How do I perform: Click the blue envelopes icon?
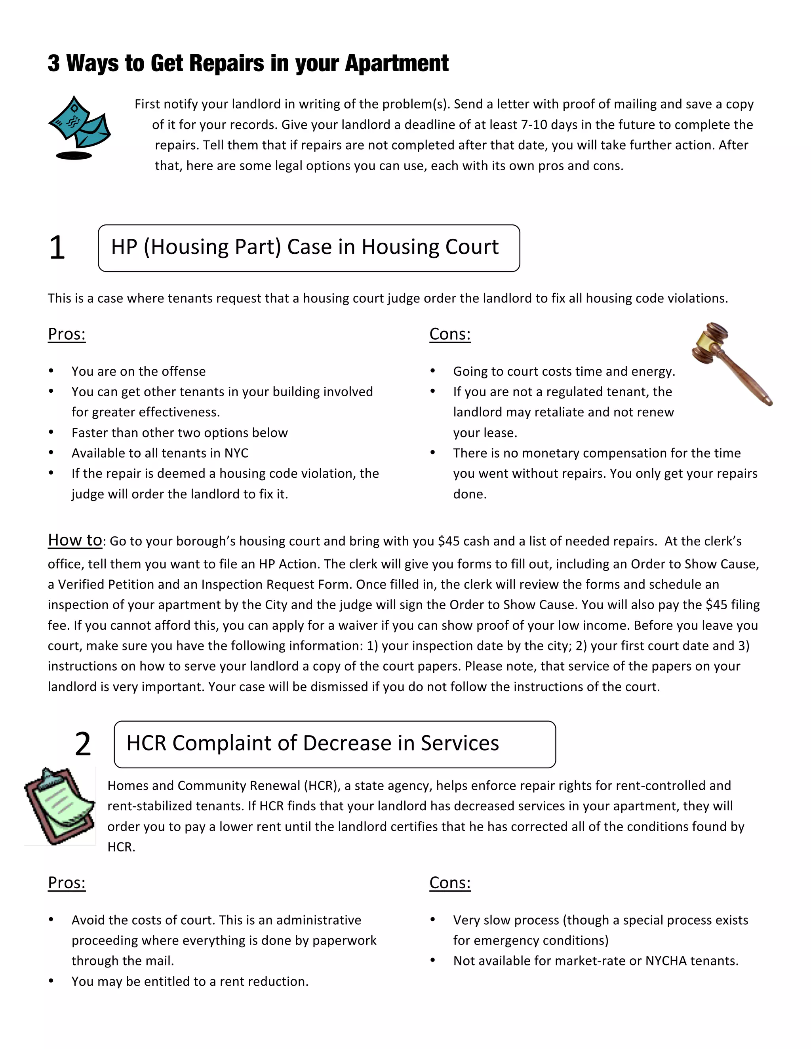click(79, 126)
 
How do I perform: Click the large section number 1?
click(57, 248)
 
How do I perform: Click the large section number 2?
click(83, 744)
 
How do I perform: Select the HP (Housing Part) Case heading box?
click(308, 248)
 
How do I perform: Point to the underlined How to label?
click(74, 540)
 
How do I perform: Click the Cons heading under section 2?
click(450, 882)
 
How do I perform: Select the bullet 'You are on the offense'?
click(138, 371)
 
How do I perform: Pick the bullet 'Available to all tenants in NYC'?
click(160, 453)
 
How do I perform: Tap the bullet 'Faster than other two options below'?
click(179, 433)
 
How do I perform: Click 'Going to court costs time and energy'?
click(564, 371)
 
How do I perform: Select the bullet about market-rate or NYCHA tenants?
click(595, 961)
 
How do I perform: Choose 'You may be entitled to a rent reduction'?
click(190, 981)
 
